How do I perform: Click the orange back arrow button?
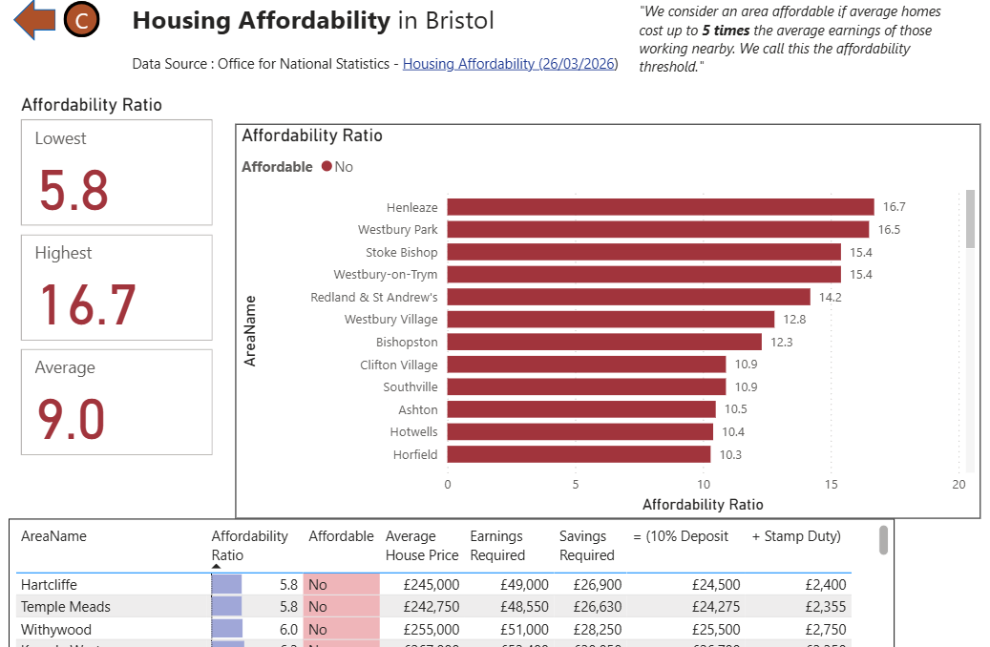pyautogui.click(x=34, y=20)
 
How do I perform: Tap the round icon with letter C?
pyautogui.click(x=82, y=20)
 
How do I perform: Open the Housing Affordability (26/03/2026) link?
pyautogui.click(x=510, y=64)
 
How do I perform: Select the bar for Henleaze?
pyautogui.click(x=660, y=207)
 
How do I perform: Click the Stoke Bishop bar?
pyautogui.click(x=643, y=252)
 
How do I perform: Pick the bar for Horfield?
pyautogui.click(x=579, y=454)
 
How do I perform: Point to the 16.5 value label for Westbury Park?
pyautogui.click(x=889, y=230)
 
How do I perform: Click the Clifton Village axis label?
pyautogui.click(x=398, y=365)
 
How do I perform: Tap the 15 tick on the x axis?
pyautogui.click(x=832, y=484)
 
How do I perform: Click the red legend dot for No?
pyautogui.click(x=326, y=167)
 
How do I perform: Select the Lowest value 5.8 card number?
pyautogui.click(x=74, y=189)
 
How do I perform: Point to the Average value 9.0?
pyautogui.click(x=72, y=419)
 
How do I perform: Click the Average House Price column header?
pyautogui.click(x=421, y=546)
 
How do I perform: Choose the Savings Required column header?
pyautogui.click(x=586, y=546)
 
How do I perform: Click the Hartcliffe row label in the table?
pyautogui.click(x=49, y=584)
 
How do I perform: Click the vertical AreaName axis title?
pyautogui.click(x=251, y=330)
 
